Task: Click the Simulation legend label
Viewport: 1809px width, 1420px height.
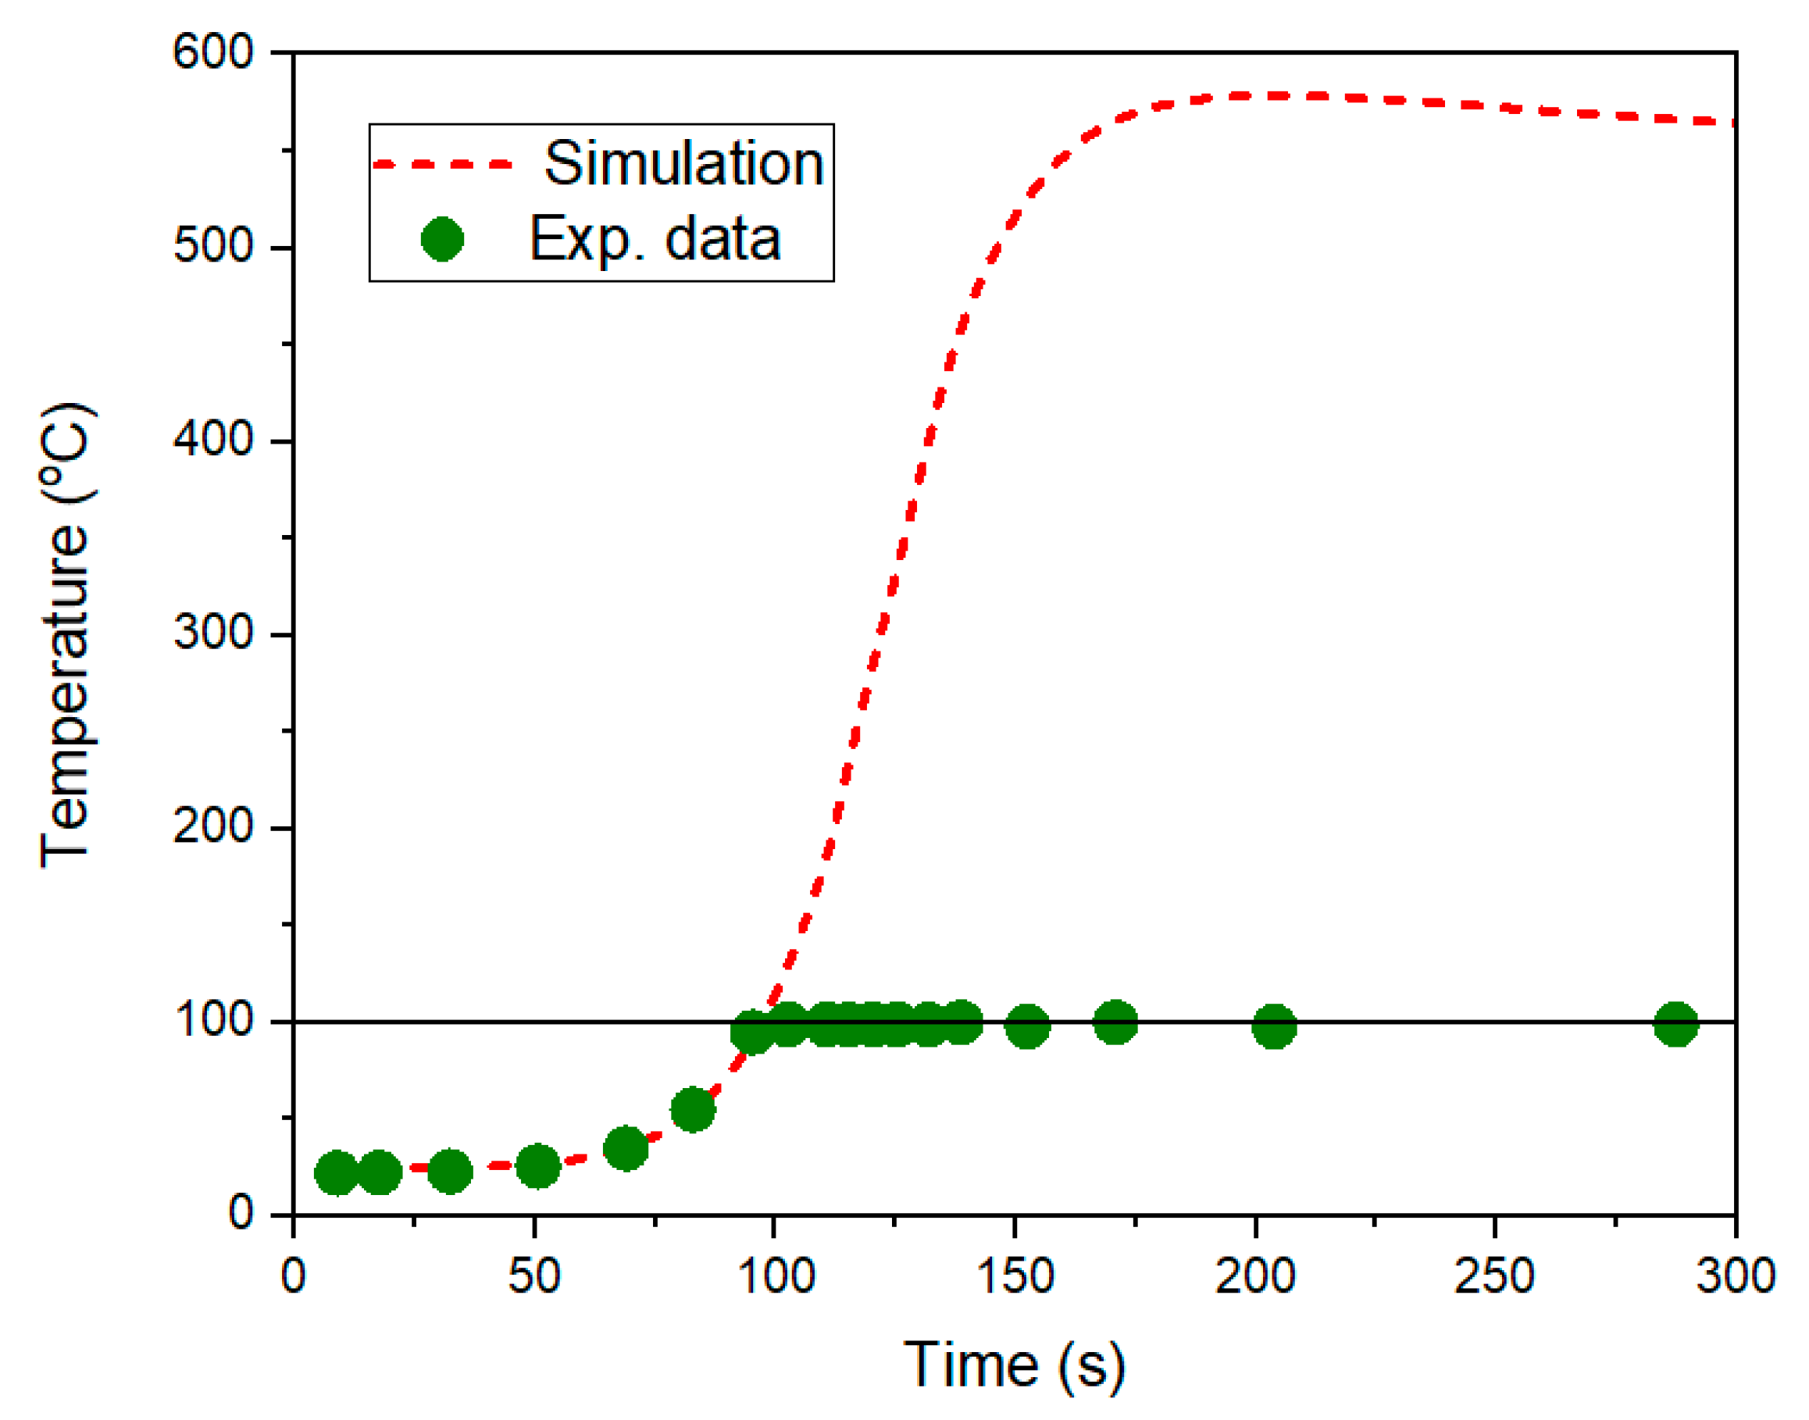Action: [x=683, y=164]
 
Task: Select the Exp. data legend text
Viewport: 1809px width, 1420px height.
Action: [x=655, y=241]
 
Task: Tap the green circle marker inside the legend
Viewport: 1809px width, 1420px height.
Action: [x=442, y=240]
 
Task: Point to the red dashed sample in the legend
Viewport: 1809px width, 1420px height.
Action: [x=443, y=165]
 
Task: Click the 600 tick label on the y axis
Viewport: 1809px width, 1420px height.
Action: [x=212, y=52]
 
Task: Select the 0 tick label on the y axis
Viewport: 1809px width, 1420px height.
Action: [x=241, y=1213]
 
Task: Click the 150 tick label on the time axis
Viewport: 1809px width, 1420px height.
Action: [x=1014, y=1276]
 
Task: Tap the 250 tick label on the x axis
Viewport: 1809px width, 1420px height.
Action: [x=1494, y=1276]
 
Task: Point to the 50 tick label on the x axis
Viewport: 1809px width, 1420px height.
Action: [x=533, y=1276]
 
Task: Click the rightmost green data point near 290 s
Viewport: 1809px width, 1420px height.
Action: [x=1676, y=1024]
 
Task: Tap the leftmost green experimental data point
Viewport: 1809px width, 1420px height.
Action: [x=337, y=1173]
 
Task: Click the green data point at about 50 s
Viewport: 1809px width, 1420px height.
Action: [x=538, y=1165]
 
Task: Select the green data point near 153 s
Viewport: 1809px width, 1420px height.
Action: [x=1028, y=1026]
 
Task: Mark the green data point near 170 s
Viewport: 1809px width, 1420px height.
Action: [x=1115, y=1022]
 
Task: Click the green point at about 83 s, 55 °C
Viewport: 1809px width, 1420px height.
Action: [x=693, y=1110]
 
